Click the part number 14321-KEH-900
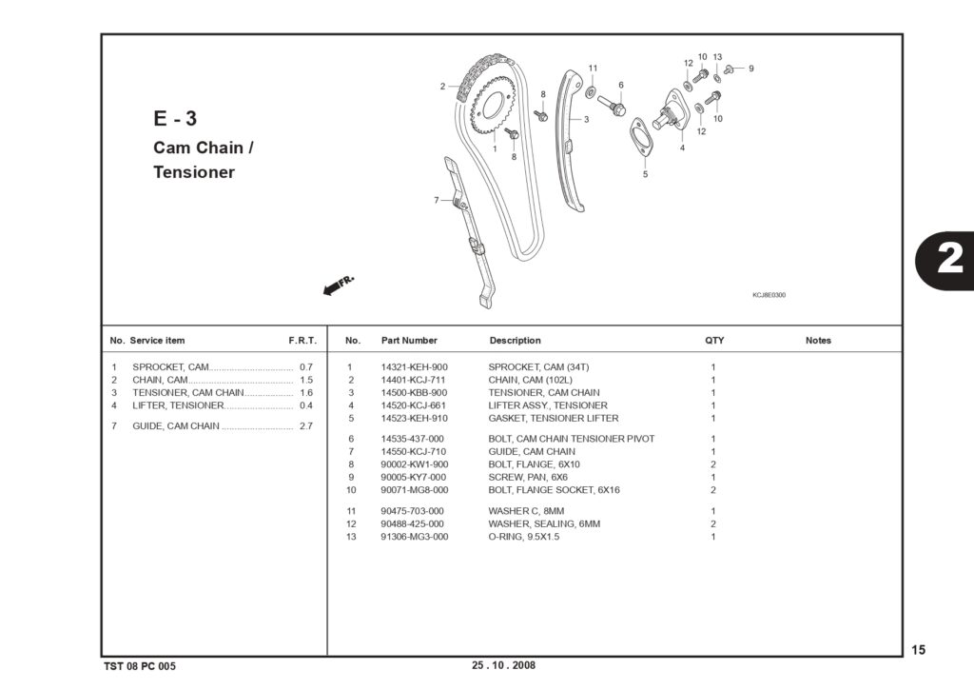click(414, 367)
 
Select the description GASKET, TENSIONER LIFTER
click(554, 419)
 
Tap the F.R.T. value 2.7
click(305, 425)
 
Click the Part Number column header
click(409, 341)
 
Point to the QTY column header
click(714, 341)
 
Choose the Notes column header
click(818, 341)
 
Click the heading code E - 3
click(175, 118)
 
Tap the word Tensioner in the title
click(194, 172)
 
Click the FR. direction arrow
click(339, 286)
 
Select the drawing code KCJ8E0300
click(769, 295)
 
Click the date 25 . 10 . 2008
click(503, 665)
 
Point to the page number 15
click(918, 650)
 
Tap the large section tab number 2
click(950, 257)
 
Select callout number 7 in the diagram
click(436, 200)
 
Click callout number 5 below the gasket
click(646, 175)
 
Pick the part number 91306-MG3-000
click(415, 537)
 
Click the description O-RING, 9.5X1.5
click(524, 537)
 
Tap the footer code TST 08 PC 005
click(140, 666)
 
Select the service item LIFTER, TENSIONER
click(178, 405)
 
